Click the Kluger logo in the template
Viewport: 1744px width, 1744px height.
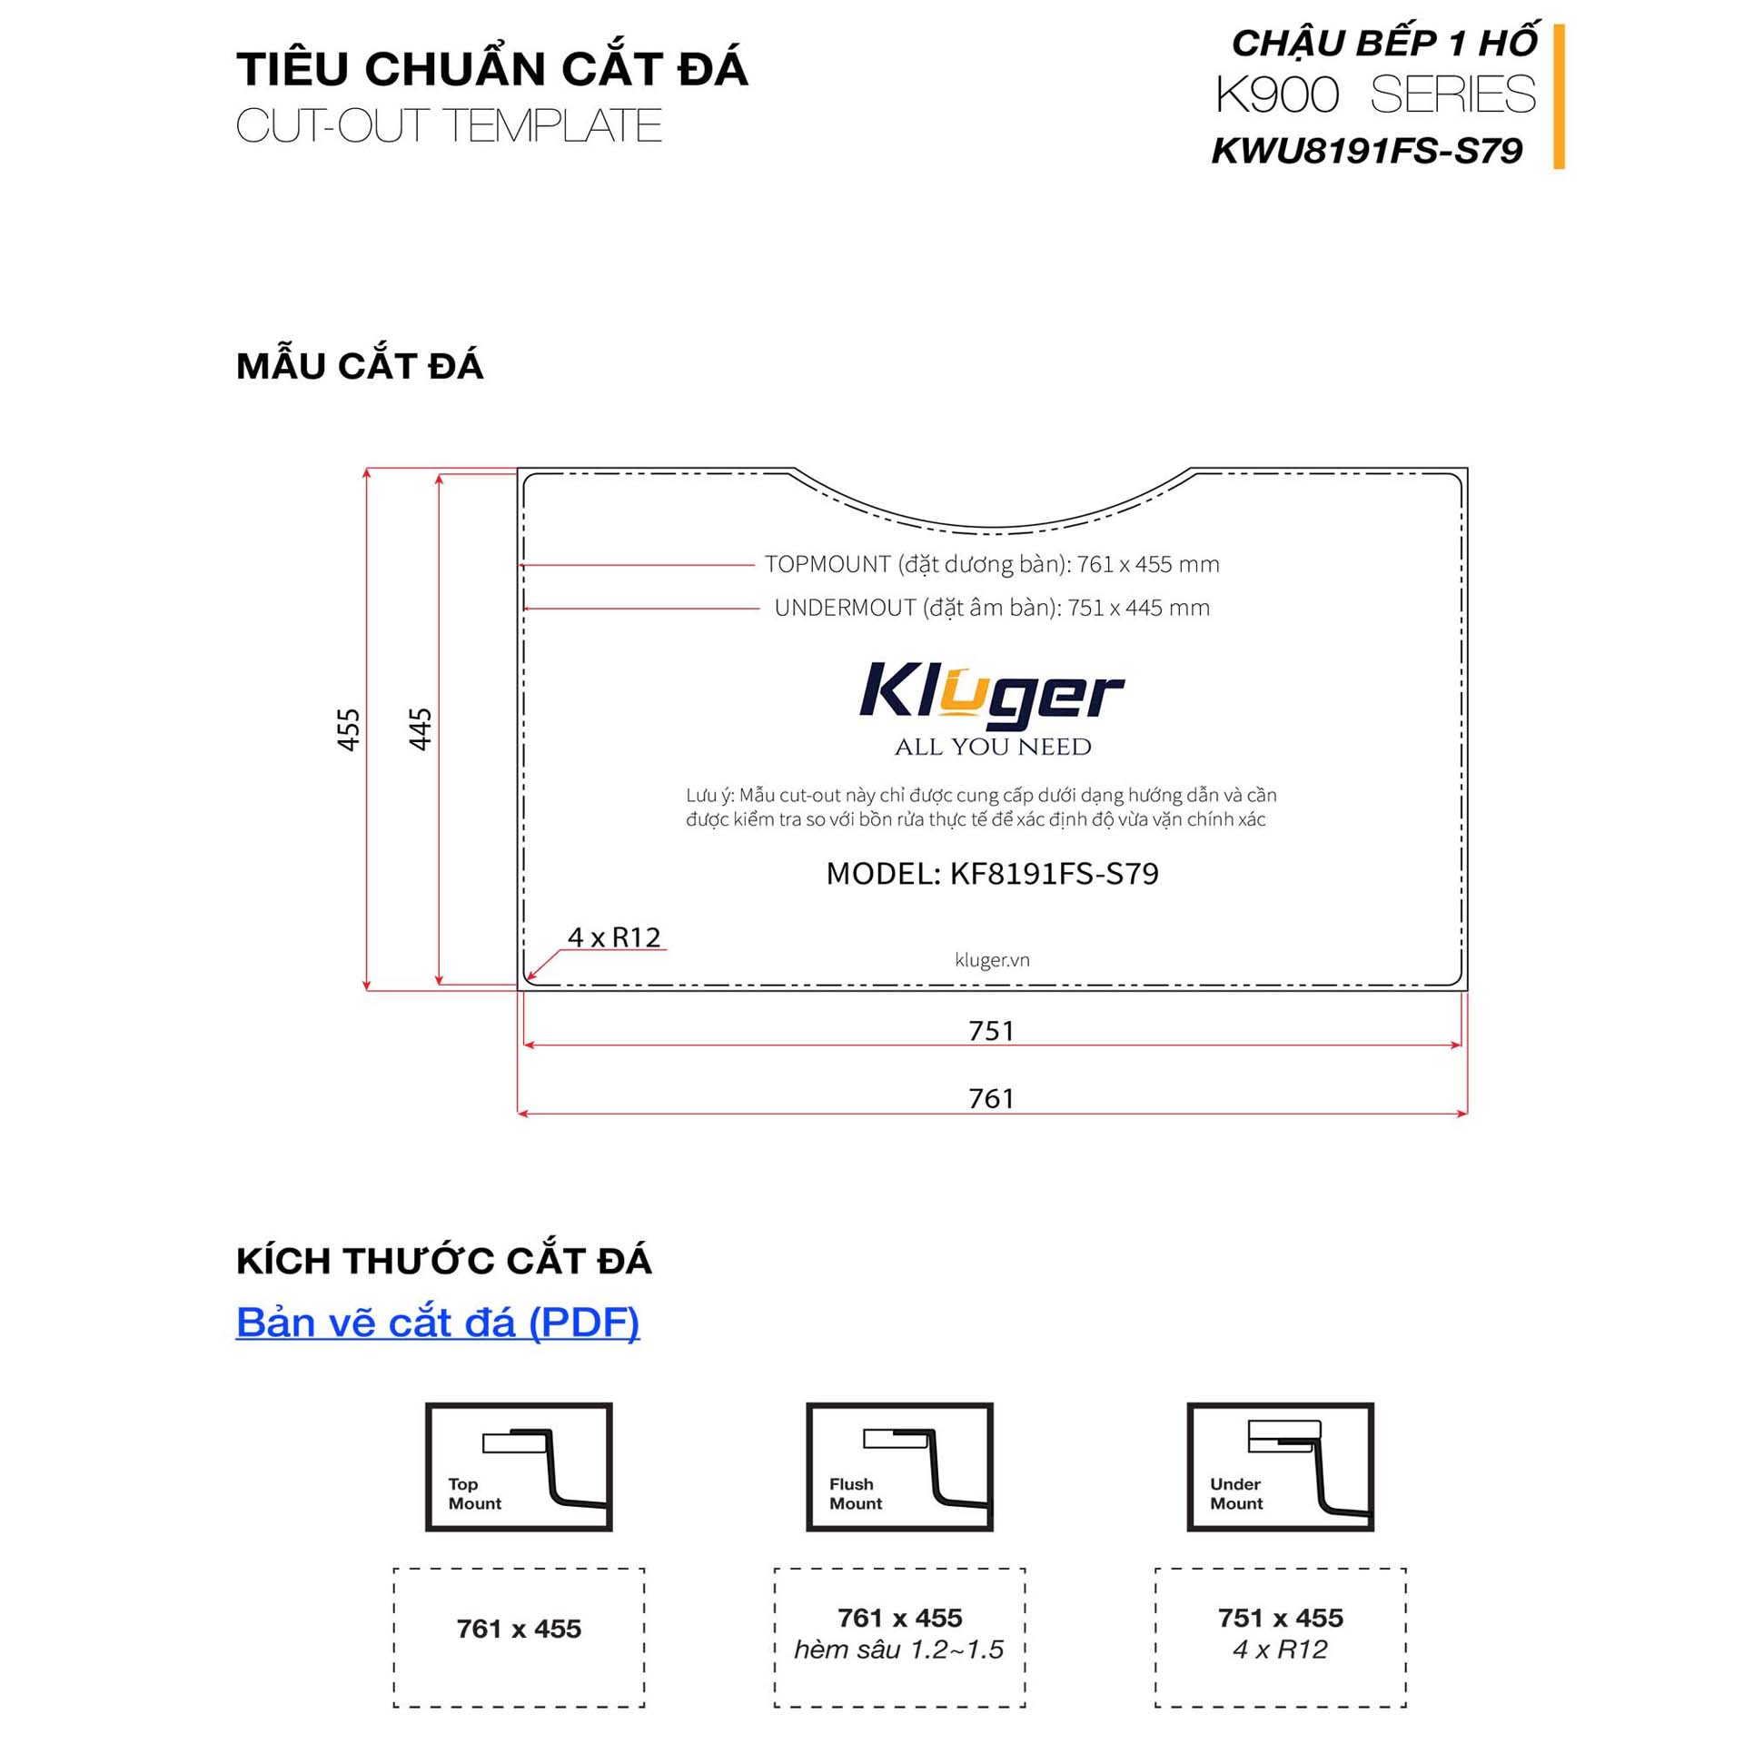(992, 695)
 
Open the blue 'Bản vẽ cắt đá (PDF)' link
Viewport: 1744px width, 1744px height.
(438, 1323)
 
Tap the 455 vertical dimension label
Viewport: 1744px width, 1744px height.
(349, 729)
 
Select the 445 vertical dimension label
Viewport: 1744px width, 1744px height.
(421, 729)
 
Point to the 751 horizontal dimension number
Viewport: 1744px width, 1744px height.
(991, 1031)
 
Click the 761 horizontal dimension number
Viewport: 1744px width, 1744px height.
(991, 1099)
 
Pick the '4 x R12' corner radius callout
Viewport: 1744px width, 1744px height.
(614, 937)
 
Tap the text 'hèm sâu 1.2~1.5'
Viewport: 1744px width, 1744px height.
(899, 1650)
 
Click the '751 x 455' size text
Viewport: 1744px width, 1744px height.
(1281, 1618)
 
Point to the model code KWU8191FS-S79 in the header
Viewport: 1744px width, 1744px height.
(1367, 151)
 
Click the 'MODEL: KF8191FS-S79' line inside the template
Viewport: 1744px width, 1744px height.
(992, 874)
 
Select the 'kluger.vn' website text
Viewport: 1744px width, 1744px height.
(992, 960)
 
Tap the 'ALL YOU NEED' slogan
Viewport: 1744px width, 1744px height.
(993, 747)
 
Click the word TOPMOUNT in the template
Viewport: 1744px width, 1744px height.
(827, 564)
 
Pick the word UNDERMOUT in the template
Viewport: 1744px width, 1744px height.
(845, 608)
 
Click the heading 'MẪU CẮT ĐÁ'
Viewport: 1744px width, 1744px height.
(360, 365)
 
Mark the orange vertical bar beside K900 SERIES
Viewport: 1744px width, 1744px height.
(1559, 96)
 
